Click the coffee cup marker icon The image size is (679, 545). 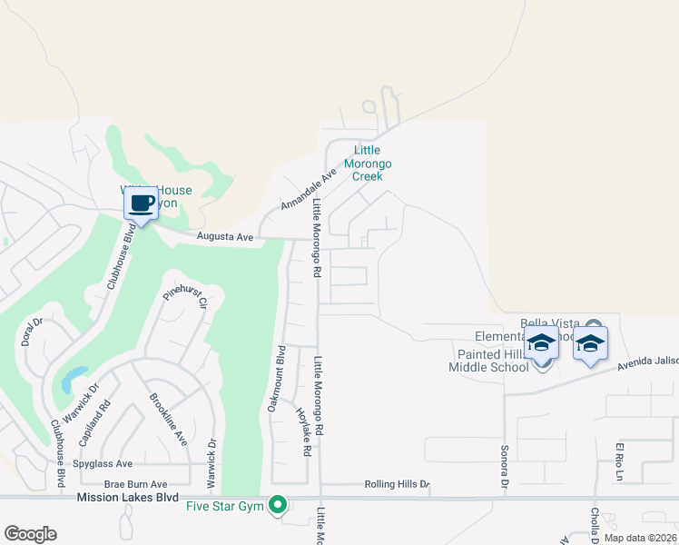(x=140, y=203)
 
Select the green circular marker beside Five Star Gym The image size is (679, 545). (x=280, y=506)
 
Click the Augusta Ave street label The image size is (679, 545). (x=226, y=237)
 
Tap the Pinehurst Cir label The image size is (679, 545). (x=186, y=298)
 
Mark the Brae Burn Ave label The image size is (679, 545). (x=136, y=484)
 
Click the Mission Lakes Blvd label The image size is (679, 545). (x=127, y=498)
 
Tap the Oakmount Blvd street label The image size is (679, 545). (x=276, y=379)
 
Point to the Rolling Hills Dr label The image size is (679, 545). (x=396, y=484)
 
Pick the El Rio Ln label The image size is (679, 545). (x=621, y=462)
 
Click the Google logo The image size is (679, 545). (x=30, y=534)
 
